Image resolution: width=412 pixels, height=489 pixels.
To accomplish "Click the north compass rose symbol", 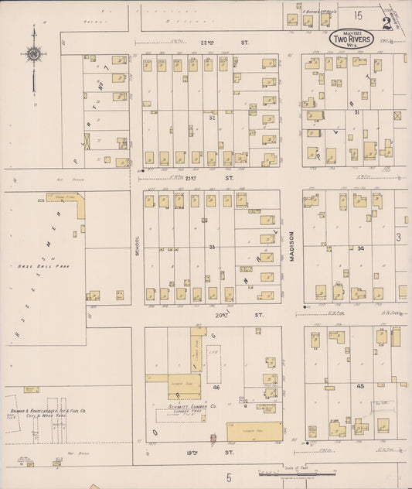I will click(x=33, y=54).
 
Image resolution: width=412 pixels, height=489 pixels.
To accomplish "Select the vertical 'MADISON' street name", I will click(x=293, y=248).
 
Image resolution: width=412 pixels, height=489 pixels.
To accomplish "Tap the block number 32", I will click(x=210, y=118).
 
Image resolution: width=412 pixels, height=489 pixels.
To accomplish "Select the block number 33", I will click(x=210, y=246).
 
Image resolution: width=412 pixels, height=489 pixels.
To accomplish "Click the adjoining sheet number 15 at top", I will click(x=358, y=15).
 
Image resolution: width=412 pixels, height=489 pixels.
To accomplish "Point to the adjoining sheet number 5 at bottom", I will click(x=229, y=478).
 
